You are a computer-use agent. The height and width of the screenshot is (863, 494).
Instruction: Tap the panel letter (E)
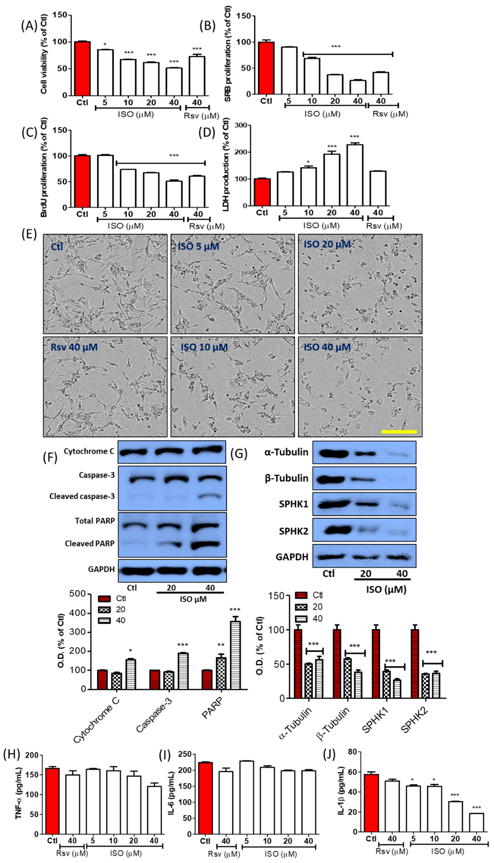tap(29, 234)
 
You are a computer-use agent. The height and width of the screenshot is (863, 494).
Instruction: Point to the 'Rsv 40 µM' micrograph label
tap(74, 347)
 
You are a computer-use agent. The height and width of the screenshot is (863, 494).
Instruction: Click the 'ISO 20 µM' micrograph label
tap(327, 244)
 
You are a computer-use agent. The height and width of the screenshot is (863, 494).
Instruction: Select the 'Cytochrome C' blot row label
tap(89, 451)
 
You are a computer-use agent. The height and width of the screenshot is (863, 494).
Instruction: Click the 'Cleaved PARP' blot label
tap(90, 543)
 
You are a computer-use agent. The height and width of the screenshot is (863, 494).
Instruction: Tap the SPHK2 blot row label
tap(294, 531)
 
